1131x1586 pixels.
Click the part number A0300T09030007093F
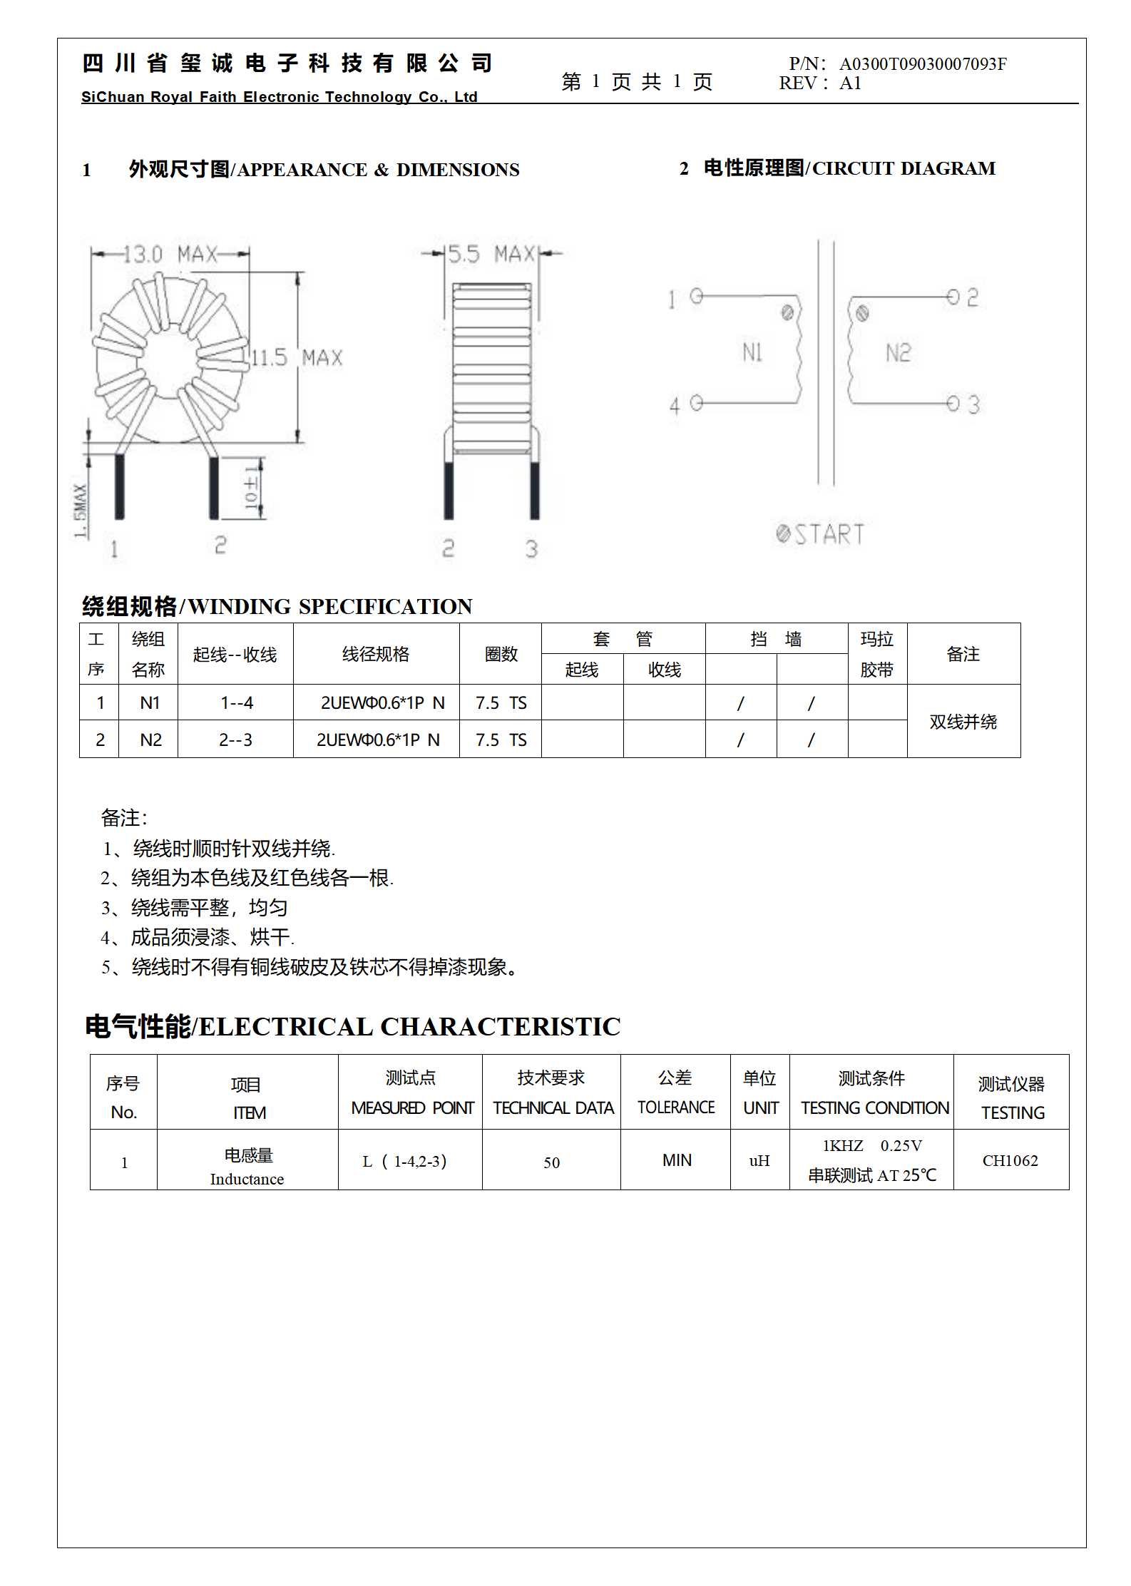pyautogui.click(x=923, y=64)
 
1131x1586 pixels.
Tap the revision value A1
pyautogui.click(x=850, y=83)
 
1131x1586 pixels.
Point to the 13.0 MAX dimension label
pyautogui.click(x=170, y=254)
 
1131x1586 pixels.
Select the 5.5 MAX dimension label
pyautogui.click(x=491, y=254)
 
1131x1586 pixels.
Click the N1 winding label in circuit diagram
pyautogui.click(x=752, y=352)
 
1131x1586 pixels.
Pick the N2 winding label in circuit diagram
pyautogui.click(x=898, y=352)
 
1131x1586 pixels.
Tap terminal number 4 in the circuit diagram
pyautogui.click(x=675, y=406)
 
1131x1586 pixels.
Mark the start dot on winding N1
pyautogui.click(x=787, y=312)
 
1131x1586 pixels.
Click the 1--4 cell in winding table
pyautogui.click(x=236, y=703)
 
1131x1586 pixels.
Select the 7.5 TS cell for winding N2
pyautogui.click(x=501, y=740)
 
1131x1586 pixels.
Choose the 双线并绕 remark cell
pyautogui.click(x=963, y=722)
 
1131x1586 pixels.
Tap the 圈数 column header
pyautogui.click(x=501, y=654)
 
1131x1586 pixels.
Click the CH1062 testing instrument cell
pyautogui.click(x=1010, y=1160)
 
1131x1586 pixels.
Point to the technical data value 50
pyautogui.click(x=551, y=1162)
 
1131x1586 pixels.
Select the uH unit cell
pyautogui.click(x=759, y=1160)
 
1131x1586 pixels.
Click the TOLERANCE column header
pyautogui.click(x=675, y=1107)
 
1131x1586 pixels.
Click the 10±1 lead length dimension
pyautogui.click(x=251, y=488)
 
